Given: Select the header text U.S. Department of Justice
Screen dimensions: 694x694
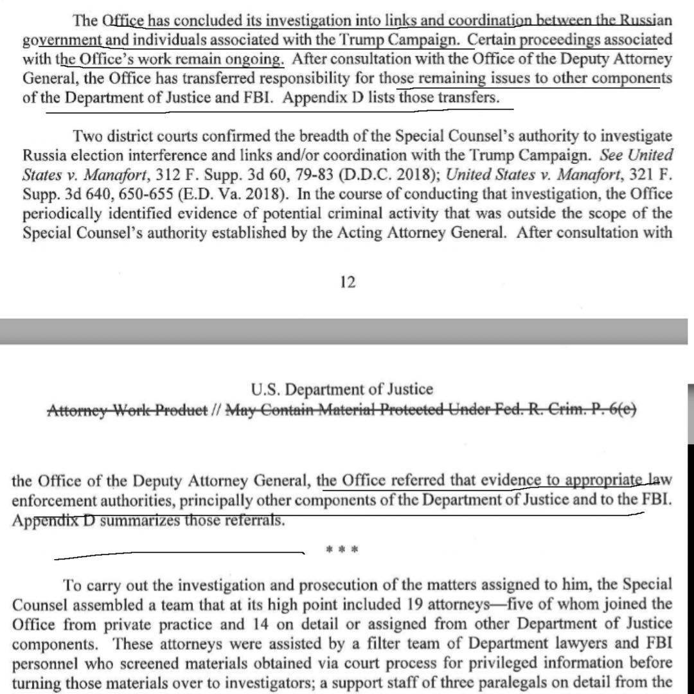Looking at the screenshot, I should [343, 389].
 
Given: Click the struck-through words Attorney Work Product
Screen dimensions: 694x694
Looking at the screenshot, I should [128, 409].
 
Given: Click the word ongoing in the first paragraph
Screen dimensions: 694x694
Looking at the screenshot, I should [258, 60].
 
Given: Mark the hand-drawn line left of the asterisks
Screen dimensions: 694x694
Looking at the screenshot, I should [180, 553].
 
